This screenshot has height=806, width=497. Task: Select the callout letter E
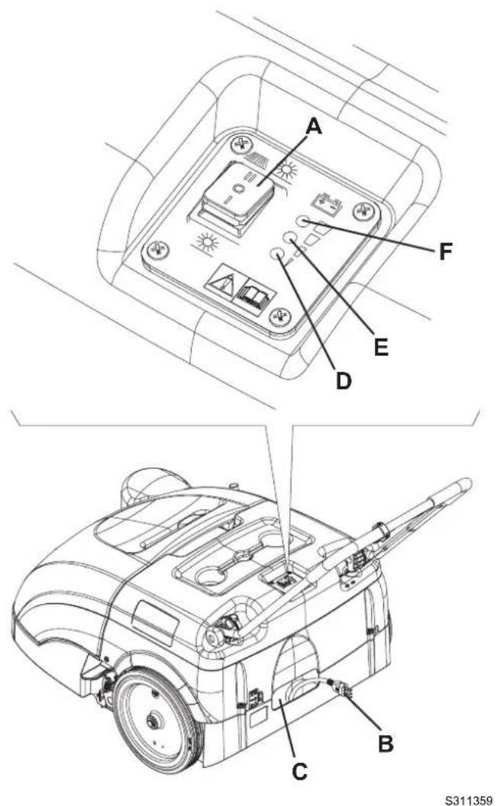click(382, 348)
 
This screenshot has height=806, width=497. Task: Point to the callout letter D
click(343, 379)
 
